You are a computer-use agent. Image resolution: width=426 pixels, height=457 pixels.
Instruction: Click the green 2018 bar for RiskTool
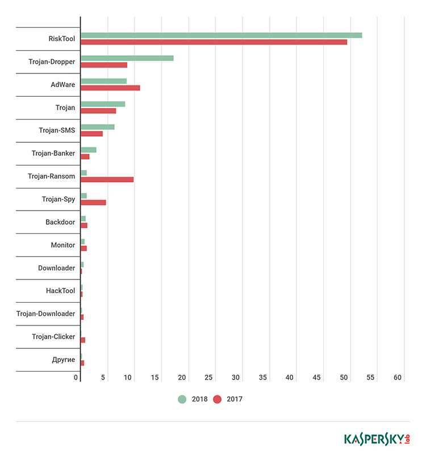click(x=221, y=35)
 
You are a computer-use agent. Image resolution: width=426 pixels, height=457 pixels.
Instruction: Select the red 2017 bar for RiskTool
click(x=214, y=42)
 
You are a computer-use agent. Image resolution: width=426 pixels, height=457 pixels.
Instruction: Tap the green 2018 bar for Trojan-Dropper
click(x=127, y=58)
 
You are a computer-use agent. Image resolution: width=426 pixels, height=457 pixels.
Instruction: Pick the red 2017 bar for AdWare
click(x=110, y=88)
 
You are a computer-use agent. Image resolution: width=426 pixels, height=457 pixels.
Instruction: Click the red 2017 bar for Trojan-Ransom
click(x=107, y=179)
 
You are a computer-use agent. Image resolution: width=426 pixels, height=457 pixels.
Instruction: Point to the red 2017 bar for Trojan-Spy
click(x=93, y=202)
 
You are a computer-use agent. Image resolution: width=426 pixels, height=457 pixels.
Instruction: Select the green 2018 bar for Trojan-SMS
click(x=97, y=127)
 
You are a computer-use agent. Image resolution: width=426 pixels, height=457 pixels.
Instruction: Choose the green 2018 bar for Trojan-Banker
click(x=88, y=150)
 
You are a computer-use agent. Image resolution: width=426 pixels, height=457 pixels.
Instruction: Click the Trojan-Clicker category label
click(x=53, y=336)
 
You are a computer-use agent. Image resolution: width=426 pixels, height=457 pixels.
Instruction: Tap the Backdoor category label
click(x=60, y=222)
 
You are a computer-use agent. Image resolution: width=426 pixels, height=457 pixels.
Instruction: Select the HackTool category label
click(x=60, y=291)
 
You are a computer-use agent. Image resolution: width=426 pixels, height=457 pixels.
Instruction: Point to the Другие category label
click(x=63, y=359)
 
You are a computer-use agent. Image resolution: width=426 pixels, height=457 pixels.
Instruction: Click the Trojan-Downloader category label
click(x=45, y=314)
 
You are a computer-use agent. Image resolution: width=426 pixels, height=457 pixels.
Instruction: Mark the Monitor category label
click(x=62, y=245)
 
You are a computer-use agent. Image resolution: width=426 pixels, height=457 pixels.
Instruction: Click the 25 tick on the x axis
click(x=209, y=377)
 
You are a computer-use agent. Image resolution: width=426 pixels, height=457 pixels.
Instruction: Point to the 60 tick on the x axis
click(x=397, y=377)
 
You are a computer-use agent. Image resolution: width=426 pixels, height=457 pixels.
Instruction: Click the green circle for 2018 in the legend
click(x=182, y=399)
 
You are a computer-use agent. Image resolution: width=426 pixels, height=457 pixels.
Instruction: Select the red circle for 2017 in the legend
click(x=217, y=399)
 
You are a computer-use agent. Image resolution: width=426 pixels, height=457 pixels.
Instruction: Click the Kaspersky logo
click(x=377, y=439)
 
